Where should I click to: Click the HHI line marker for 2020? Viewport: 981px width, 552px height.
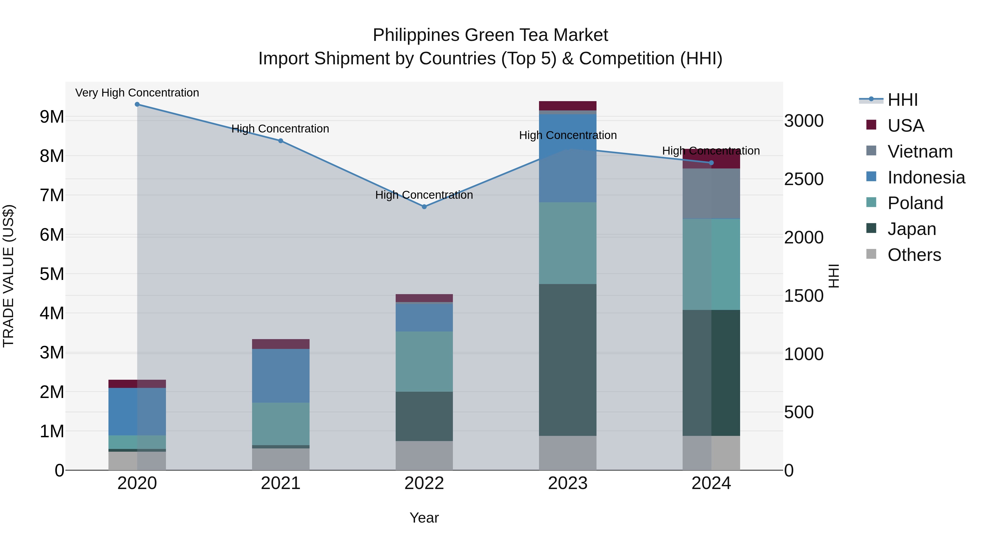[x=137, y=104]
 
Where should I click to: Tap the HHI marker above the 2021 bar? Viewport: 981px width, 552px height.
[x=281, y=141]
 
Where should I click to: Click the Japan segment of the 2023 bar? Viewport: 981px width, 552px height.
[x=567, y=360]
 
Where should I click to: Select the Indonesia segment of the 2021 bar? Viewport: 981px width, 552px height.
[x=281, y=376]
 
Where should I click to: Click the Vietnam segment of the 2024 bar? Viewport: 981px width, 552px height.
[x=711, y=194]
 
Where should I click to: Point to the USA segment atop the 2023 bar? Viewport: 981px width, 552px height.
[x=567, y=105]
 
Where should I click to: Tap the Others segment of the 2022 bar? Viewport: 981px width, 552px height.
[x=424, y=456]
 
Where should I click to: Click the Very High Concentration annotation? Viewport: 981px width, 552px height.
[x=137, y=93]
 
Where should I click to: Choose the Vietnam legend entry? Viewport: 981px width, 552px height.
[x=919, y=152]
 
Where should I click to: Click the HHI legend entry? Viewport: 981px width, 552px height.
[x=902, y=100]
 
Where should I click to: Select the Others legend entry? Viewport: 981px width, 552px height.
[x=914, y=255]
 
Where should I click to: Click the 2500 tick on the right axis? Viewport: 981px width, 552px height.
[x=804, y=179]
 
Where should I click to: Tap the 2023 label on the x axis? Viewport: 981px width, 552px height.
[x=567, y=483]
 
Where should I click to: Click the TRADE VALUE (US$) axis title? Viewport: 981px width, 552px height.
[x=9, y=276]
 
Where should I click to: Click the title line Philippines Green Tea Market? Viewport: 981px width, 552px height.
[x=490, y=35]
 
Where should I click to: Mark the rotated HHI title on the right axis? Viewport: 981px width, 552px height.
[x=834, y=276]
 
